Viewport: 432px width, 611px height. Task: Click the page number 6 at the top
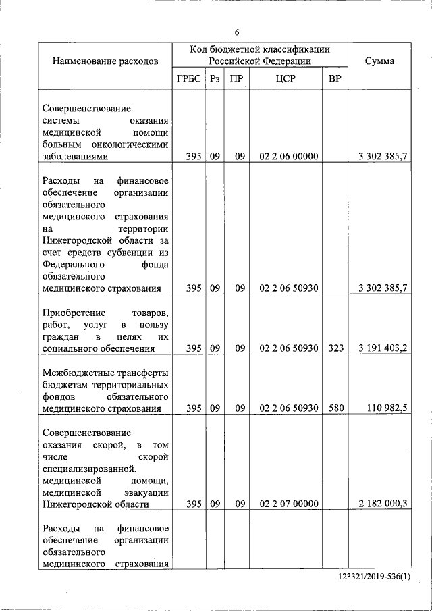pyautogui.click(x=238, y=32)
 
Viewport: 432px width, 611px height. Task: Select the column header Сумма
pyautogui.click(x=379, y=61)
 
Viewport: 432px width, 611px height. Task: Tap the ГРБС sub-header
pyautogui.click(x=189, y=79)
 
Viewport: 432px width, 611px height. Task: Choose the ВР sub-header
pyautogui.click(x=334, y=79)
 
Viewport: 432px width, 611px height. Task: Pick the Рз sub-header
pyautogui.click(x=215, y=79)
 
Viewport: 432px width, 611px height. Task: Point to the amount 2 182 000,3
pyautogui.click(x=383, y=504)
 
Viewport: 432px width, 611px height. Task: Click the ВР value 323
pyautogui.click(x=335, y=348)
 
